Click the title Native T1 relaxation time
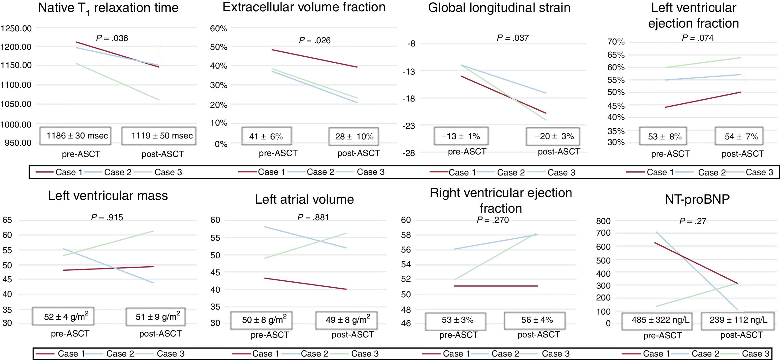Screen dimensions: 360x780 point(108,8)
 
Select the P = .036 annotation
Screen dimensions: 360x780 point(112,38)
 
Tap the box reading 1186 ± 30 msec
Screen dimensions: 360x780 point(75,136)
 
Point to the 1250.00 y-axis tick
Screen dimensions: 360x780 point(16,29)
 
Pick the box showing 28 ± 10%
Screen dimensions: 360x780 point(354,137)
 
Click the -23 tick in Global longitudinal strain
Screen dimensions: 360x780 point(409,126)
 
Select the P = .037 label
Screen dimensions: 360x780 point(513,38)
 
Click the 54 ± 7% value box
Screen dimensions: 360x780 point(741,137)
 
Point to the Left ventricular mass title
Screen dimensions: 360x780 point(108,196)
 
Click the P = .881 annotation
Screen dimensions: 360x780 point(313,217)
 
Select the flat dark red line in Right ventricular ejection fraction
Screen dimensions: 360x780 point(496,286)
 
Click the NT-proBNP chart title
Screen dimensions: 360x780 point(697,199)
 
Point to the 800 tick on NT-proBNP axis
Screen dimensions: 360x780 point(603,221)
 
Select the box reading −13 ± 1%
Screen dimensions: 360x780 point(461,136)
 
